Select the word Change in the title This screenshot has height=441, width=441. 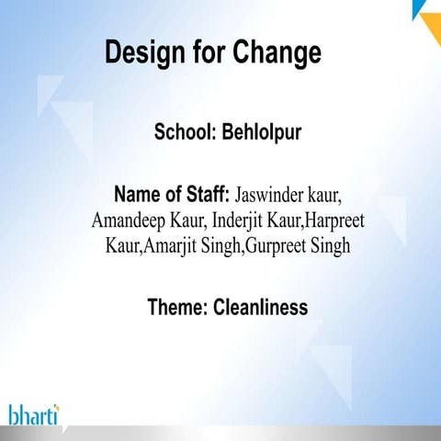tap(278, 52)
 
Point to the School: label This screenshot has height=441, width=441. tap(185, 133)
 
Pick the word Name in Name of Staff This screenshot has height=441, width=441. tap(138, 195)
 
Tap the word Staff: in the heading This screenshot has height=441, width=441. tap(206, 195)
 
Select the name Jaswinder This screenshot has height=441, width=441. tap(275, 196)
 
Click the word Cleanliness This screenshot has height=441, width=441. tap(261, 306)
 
